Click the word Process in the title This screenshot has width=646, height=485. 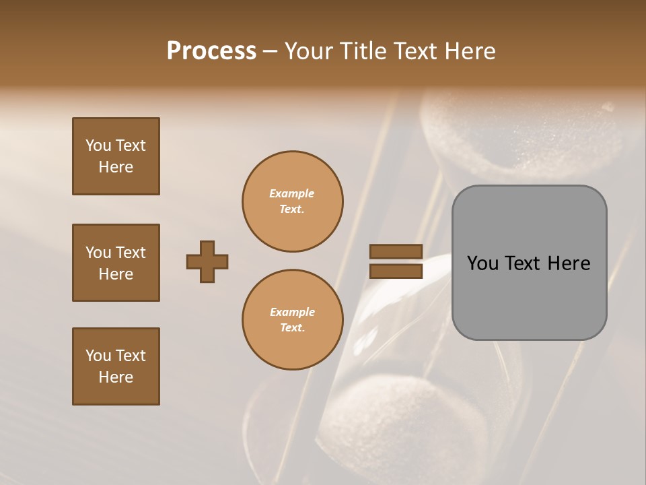click(211, 51)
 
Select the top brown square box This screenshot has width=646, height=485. click(116, 156)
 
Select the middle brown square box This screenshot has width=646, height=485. click(116, 263)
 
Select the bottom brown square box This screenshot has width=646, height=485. click(116, 366)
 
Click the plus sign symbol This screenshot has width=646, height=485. click(207, 261)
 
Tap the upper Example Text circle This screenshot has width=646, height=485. click(292, 201)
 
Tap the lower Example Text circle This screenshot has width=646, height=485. click(292, 320)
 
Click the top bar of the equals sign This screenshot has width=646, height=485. click(396, 251)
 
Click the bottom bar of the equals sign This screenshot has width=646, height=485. click(396, 271)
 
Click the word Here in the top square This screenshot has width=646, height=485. click(116, 167)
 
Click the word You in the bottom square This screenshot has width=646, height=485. click(98, 356)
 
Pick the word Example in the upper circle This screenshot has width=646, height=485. click(292, 193)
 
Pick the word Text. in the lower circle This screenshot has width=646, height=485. click(292, 328)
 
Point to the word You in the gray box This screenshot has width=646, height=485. click(483, 263)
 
